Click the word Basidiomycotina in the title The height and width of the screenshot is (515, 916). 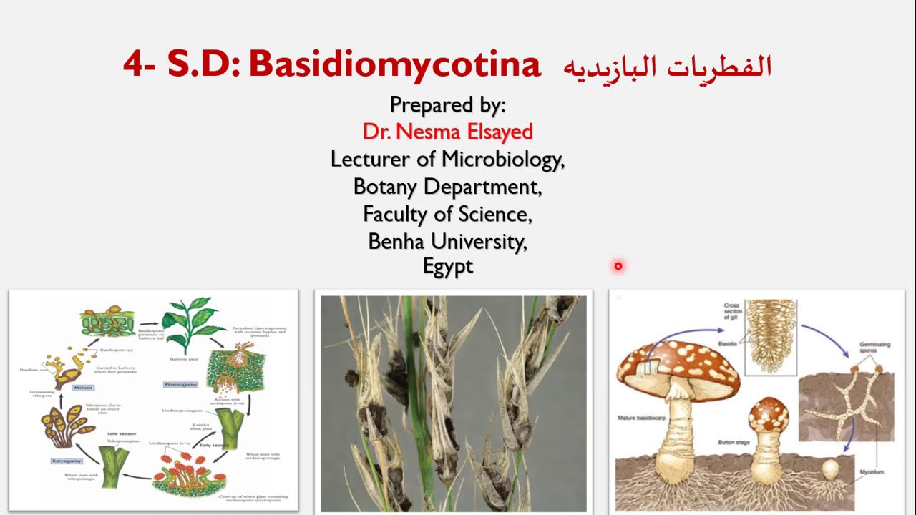[x=394, y=65]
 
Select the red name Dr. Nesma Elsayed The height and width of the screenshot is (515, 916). [x=447, y=132]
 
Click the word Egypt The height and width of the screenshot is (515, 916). [x=448, y=267]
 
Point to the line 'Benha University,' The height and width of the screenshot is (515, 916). [x=447, y=241]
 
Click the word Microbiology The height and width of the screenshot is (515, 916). [x=502, y=159]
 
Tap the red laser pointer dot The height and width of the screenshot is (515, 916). [x=618, y=266]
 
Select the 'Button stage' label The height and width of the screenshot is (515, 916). [x=732, y=442]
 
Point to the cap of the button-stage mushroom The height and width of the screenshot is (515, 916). [x=768, y=414]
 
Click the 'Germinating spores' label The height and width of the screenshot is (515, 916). [x=874, y=348]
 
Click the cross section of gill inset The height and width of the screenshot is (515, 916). [x=771, y=336]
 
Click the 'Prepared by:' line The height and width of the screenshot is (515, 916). [x=447, y=105]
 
